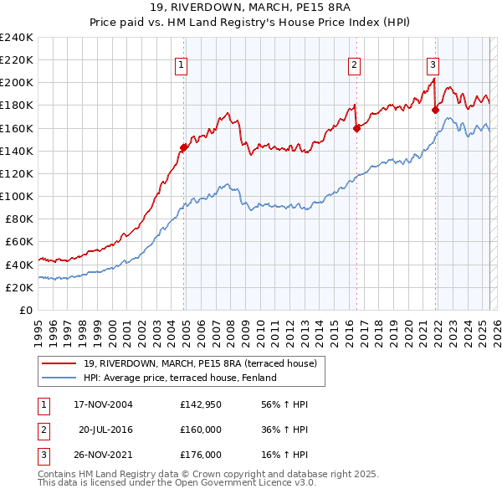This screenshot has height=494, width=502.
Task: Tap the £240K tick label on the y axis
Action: tap(17, 38)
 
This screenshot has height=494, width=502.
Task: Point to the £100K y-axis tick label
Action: tap(17, 196)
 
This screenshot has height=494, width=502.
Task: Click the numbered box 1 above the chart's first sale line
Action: tap(182, 66)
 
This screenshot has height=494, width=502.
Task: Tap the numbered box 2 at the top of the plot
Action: tap(355, 66)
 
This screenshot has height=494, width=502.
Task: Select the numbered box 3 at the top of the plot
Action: tap(433, 66)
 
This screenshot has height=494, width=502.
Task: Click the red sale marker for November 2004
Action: tap(184, 147)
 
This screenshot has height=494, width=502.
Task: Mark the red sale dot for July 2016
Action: tap(356, 128)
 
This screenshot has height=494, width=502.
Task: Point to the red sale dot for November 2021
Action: tap(436, 110)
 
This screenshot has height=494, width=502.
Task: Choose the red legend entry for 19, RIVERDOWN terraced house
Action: tap(200, 363)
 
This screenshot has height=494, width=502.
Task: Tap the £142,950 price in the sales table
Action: tap(200, 404)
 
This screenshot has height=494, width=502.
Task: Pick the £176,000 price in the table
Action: tap(200, 455)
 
